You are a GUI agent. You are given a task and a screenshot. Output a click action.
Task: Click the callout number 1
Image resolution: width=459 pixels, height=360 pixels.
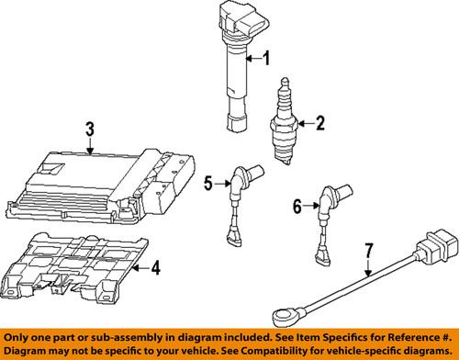point(267,61)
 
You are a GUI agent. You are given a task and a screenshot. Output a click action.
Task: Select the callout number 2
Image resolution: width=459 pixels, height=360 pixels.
point(320,121)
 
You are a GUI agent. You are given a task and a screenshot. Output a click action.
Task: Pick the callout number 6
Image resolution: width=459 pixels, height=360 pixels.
point(296,207)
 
